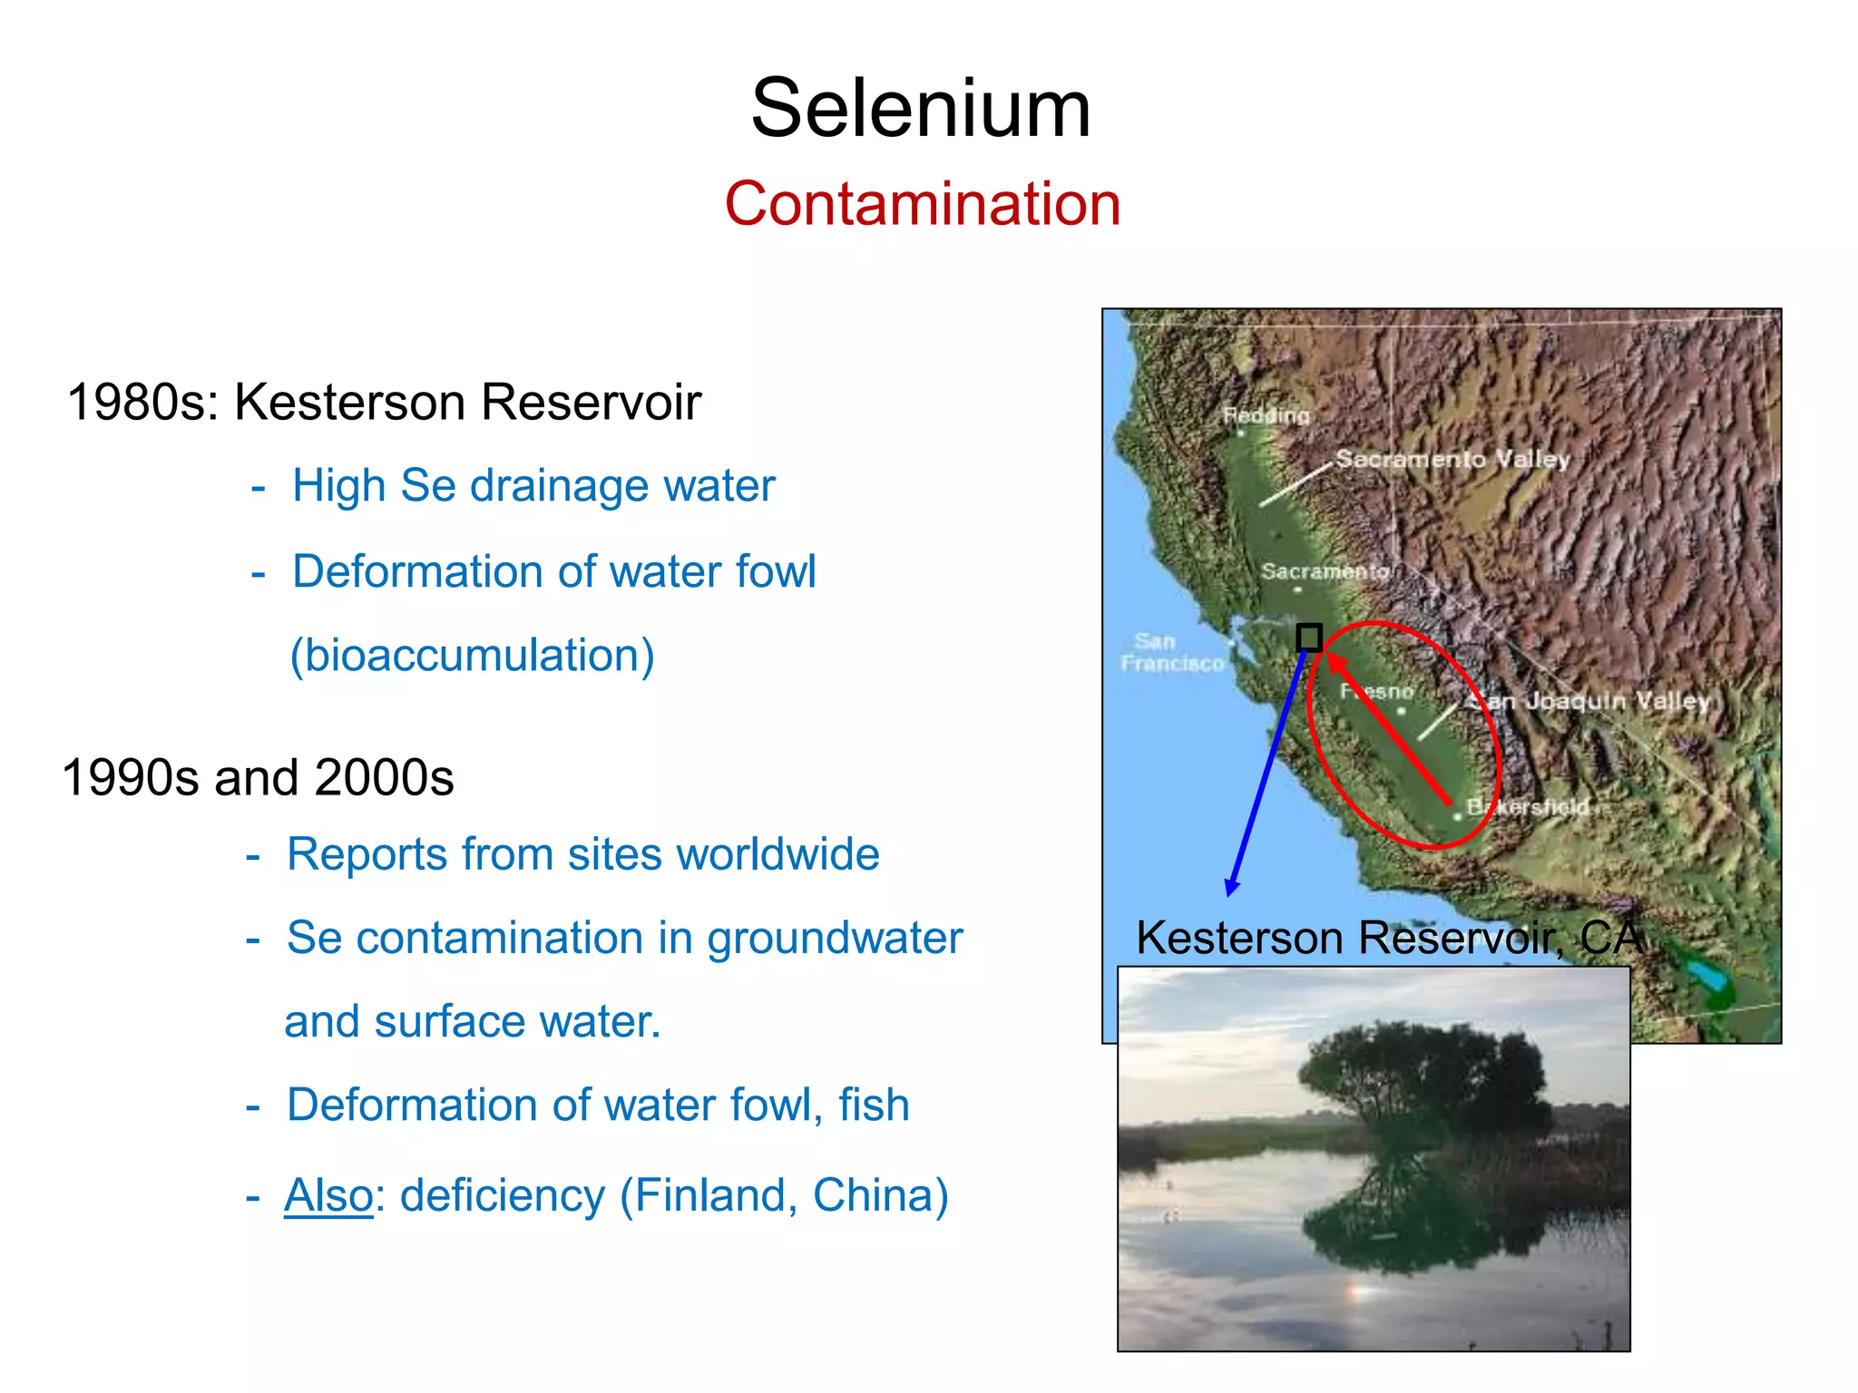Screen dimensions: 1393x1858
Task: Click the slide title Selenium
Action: (x=921, y=109)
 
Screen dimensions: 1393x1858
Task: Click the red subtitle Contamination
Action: (x=922, y=203)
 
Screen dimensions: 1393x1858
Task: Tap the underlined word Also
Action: (x=328, y=1195)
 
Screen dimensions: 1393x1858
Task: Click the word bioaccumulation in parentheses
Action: (x=472, y=656)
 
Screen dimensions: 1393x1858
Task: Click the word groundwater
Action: (x=835, y=938)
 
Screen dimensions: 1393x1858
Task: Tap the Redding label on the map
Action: (x=1266, y=415)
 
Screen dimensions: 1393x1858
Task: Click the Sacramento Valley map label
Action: (x=1452, y=459)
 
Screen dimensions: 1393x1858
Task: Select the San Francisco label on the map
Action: (x=1171, y=653)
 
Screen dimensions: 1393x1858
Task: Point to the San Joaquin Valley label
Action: (x=1593, y=700)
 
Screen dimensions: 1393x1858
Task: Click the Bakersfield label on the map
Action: (x=1529, y=806)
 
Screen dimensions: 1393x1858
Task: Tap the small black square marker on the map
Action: (x=1308, y=638)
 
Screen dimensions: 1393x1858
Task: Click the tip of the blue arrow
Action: (x=1230, y=892)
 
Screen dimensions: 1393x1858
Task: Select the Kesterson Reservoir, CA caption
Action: (x=1388, y=938)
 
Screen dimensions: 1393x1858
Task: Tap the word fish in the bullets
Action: (x=874, y=1106)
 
